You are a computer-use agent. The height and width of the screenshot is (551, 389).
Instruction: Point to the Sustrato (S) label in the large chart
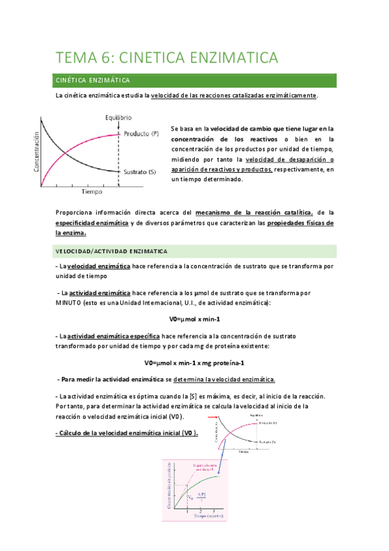(140, 172)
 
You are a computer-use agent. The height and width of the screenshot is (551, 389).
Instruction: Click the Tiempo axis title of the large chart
(92, 192)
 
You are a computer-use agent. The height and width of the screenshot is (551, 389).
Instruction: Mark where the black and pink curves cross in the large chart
(67, 154)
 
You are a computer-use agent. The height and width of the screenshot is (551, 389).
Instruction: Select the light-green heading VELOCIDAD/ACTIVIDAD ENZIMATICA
(112, 251)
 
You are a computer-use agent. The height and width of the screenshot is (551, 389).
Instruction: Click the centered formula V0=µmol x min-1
(194, 319)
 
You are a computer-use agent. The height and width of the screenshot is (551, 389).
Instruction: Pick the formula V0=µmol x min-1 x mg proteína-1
(194, 363)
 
